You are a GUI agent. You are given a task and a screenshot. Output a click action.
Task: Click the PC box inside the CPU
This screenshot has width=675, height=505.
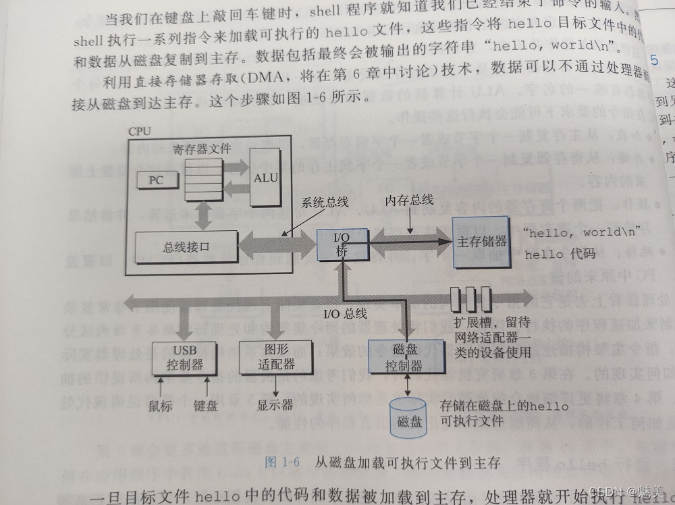pyautogui.click(x=157, y=181)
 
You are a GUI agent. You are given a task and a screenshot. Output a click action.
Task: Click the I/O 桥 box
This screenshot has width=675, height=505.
pyautogui.click(x=342, y=244)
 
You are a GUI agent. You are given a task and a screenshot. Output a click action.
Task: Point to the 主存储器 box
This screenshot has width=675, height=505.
pyautogui.click(x=482, y=240)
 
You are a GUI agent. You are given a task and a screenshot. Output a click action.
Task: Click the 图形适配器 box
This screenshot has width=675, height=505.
pyautogui.click(x=267, y=357)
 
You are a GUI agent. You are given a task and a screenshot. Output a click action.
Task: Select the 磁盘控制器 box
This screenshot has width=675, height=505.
pyautogui.click(x=404, y=358)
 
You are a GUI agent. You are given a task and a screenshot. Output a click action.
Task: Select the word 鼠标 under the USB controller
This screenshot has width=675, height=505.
pyautogui.click(x=160, y=406)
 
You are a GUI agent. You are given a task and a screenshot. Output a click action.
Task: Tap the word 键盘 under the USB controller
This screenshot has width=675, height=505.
pyautogui.click(x=206, y=406)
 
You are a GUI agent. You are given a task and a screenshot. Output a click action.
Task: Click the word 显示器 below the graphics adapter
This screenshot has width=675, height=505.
pyautogui.click(x=275, y=405)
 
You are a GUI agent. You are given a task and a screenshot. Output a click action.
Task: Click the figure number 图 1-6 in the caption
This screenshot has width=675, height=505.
pyautogui.click(x=282, y=462)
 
